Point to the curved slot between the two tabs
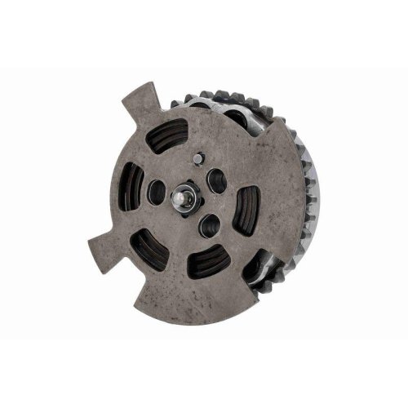pos(131,186)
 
